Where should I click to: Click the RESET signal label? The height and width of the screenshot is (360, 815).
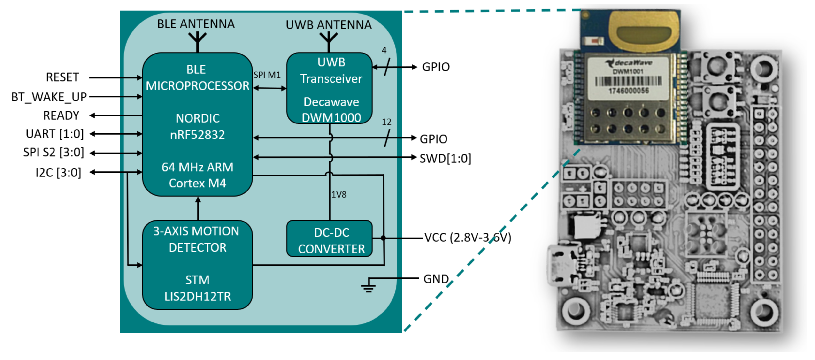62,77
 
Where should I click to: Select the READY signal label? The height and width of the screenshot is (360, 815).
61,115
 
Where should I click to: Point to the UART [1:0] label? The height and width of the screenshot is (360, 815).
55,134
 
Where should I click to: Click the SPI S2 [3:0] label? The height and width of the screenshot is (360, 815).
54,153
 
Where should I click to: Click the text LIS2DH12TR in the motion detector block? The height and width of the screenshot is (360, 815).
197,296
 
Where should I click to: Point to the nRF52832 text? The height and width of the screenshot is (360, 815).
197,135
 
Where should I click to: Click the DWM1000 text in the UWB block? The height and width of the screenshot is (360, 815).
331,118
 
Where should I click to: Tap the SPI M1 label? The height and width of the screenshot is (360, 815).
267,75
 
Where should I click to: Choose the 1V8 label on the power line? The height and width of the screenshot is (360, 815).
338,195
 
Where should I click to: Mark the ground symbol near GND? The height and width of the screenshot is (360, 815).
368,287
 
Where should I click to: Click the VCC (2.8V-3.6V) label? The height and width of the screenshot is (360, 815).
467,237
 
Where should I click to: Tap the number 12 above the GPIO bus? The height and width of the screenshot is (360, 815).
386,122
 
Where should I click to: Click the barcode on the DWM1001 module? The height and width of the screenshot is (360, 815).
628,81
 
